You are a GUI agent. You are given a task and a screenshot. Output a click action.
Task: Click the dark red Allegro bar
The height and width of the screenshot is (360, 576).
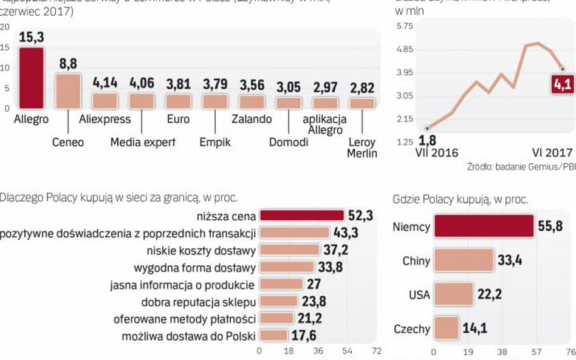tap(31, 78)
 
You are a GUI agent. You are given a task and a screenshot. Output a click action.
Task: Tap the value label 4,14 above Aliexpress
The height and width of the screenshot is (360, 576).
tap(105, 83)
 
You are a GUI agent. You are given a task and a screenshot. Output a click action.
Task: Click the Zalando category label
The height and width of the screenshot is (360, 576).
tap(252, 119)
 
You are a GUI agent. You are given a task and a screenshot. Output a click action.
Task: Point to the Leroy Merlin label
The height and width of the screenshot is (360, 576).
tap(362, 148)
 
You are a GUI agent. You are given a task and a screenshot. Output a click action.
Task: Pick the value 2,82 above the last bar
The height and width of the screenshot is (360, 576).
tap(363, 87)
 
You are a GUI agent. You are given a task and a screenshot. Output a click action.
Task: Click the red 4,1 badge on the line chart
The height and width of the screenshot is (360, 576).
tap(562, 84)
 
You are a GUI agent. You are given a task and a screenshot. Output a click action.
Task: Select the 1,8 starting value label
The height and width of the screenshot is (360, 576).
tap(428, 141)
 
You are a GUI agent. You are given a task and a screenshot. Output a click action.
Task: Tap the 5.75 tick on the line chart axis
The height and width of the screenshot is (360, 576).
tap(405, 27)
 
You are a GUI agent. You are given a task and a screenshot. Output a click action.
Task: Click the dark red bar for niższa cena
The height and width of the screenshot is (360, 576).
tap(301, 216)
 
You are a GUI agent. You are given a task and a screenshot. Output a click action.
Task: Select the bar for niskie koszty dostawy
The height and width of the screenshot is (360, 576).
tap(289, 250)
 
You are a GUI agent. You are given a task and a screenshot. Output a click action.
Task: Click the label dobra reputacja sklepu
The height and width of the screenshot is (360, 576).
tap(198, 301)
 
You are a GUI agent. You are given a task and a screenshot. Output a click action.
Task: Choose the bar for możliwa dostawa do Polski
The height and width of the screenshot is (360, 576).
tap(273, 335)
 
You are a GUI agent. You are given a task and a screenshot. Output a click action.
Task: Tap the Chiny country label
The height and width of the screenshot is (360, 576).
tap(416, 261)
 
